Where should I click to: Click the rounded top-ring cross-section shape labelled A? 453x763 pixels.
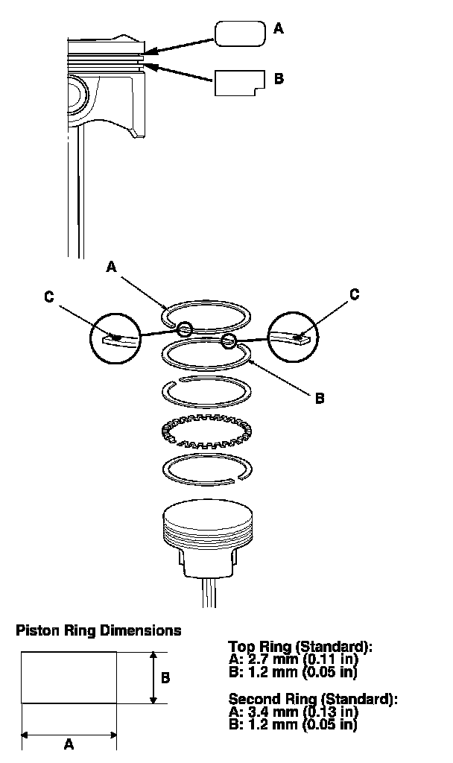(240, 34)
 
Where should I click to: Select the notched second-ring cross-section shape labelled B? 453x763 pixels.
(239, 83)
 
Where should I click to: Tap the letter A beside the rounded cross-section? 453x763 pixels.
(279, 29)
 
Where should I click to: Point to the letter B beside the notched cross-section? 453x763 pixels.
(279, 77)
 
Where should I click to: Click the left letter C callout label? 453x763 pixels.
(49, 297)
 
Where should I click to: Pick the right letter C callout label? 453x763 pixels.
(354, 294)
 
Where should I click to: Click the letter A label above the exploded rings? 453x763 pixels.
(112, 265)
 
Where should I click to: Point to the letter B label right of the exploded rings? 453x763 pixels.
(319, 399)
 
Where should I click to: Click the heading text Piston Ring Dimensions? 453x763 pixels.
(98, 630)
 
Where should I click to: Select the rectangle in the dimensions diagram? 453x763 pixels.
(69, 677)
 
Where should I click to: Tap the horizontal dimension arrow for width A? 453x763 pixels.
(69, 735)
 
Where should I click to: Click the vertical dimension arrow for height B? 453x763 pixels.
(152, 677)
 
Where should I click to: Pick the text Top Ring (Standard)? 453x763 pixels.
(300, 647)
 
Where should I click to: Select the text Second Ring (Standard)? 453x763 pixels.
(313, 700)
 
